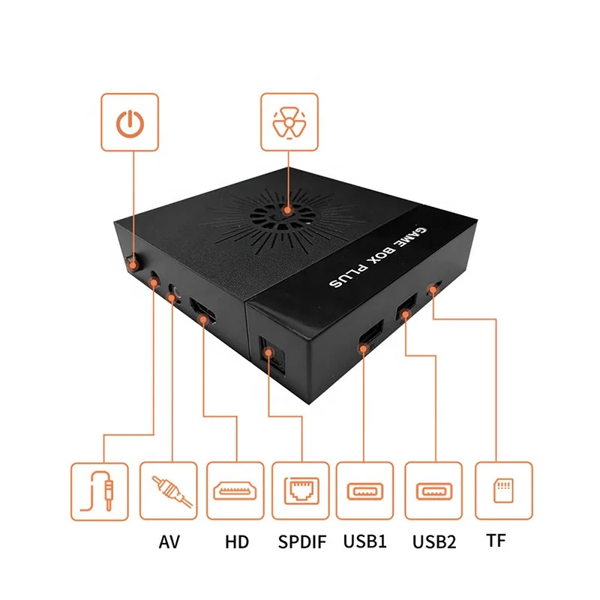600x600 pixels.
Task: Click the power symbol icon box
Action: [130, 121]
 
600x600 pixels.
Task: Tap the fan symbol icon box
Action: [289, 121]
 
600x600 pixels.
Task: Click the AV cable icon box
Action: [169, 490]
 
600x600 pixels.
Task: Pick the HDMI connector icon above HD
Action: [235, 490]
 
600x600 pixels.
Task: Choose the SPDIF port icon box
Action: [301, 490]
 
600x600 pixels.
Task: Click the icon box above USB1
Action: [364, 490]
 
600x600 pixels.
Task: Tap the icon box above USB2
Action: [433, 490]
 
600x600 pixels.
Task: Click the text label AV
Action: [169, 541]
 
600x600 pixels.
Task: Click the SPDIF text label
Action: [301, 541]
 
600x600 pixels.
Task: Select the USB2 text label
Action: [434, 541]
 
